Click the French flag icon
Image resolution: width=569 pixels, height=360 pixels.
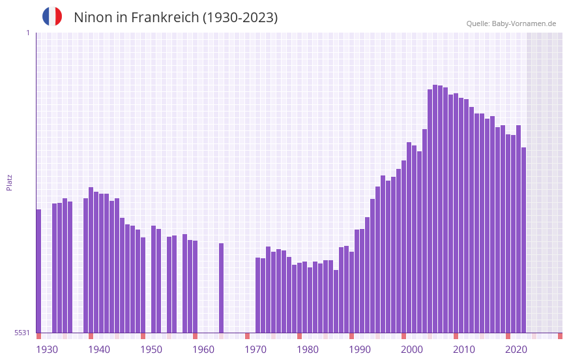[x=52, y=17]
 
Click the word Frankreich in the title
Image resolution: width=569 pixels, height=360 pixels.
[x=164, y=18]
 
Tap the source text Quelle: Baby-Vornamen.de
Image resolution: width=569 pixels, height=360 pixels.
[x=511, y=23]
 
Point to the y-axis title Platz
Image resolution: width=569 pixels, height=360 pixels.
[x=9, y=182]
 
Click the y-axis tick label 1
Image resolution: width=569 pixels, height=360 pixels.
[x=27, y=33]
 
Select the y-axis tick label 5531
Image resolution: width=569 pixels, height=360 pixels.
[x=22, y=333]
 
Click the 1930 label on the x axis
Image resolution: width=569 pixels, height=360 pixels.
[x=47, y=350]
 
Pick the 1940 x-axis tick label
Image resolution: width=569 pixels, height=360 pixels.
[x=99, y=350]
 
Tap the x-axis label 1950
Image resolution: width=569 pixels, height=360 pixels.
[x=151, y=350]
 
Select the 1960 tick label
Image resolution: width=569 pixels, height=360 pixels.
[x=203, y=350]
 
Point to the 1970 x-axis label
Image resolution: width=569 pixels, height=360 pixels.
[x=255, y=350]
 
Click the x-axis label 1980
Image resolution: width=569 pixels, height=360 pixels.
[x=308, y=350]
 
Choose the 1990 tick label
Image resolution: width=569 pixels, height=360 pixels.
[x=360, y=350]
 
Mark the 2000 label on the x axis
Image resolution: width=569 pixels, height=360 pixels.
[x=412, y=350]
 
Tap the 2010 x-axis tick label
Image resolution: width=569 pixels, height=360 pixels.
[x=464, y=350]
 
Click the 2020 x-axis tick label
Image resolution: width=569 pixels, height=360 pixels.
[x=516, y=350]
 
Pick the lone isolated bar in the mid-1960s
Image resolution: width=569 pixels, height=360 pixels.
[x=221, y=288]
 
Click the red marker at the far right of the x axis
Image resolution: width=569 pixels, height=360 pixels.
[x=560, y=336]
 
